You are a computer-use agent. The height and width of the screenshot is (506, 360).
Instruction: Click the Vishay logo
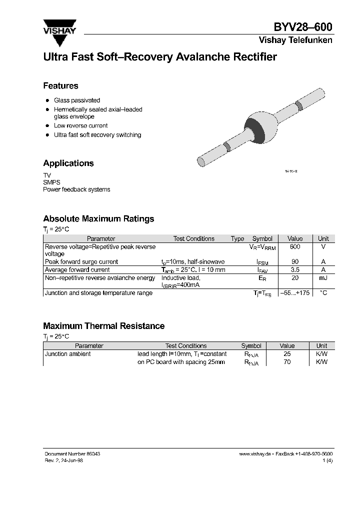click(x=59, y=29)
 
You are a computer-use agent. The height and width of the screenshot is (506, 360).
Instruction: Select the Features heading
click(x=60, y=85)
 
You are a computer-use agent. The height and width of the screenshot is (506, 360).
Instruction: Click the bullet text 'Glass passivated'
click(x=77, y=100)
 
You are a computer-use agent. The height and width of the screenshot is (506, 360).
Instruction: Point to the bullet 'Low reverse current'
click(x=80, y=126)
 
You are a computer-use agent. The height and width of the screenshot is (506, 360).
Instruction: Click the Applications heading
click(x=68, y=163)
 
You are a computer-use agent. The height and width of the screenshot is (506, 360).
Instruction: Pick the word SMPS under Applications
click(x=51, y=182)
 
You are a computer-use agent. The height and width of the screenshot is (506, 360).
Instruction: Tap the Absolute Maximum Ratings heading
click(x=98, y=218)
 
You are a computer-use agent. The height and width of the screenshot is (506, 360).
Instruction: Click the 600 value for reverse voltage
click(x=295, y=246)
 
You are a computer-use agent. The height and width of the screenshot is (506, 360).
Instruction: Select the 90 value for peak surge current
click(x=295, y=261)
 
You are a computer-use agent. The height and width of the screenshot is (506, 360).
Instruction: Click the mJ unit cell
click(x=323, y=277)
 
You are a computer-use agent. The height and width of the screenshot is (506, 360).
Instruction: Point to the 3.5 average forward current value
click(x=295, y=269)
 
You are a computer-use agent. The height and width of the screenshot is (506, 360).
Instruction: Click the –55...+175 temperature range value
click(x=295, y=293)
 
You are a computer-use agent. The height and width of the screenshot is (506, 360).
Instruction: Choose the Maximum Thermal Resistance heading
click(x=103, y=326)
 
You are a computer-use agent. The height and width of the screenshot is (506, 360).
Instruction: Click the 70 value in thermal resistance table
click(x=287, y=361)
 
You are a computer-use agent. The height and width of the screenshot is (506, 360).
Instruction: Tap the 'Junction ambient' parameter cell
click(x=68, y=354)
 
